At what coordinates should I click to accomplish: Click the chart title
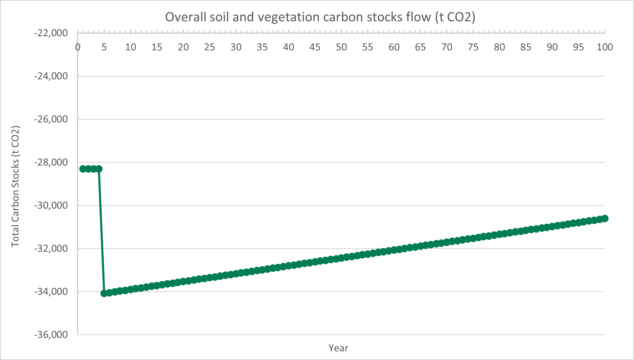click(x=320, y=17)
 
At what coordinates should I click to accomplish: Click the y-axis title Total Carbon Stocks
click(x=15, y=186)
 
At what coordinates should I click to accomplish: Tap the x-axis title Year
click(x=338, y=348)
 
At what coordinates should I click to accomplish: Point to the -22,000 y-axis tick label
click(x=51, y=33)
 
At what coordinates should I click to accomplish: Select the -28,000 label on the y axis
click(x=51, y=162)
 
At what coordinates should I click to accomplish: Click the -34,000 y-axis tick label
click(x=51, y=292)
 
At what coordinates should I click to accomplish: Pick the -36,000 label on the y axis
click(x=51, y=335)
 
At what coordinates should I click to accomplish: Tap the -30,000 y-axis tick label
click(x=51, y=206)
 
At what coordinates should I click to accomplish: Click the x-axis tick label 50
click(x=341, y=47)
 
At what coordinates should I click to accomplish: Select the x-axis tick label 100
click(x=605, y=47)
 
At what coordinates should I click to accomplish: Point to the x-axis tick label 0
click(x=78, y=47)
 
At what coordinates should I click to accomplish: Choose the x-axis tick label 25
click(x=209, y=47)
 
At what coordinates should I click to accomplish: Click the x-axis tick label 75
click(x=473, y=47)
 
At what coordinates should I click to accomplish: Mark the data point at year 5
click(x=104, y=293)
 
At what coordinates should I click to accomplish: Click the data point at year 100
click(x=605, y=219)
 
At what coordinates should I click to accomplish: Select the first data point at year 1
click(x=83, y=169)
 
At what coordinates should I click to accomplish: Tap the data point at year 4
click(x=99, y=169)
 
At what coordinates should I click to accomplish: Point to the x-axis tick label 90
click(x=552, y=47)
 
